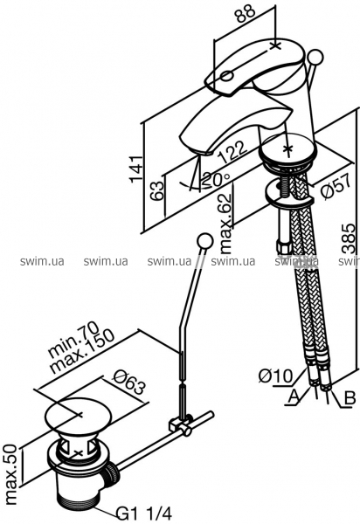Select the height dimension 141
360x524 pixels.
tap(136, 169)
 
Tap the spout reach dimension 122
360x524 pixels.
tap(232, 152)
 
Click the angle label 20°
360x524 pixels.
tap(217, 180)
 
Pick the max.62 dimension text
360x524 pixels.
tap(225, 223)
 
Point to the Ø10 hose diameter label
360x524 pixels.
tap(276, 376)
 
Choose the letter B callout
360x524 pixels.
tap(350, 398)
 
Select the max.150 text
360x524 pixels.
tap(82, 352)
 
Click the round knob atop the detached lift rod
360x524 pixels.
tap(204, 241)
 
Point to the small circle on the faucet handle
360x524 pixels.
tap(226, 75)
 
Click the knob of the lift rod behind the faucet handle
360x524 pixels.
tap(315, 57)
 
